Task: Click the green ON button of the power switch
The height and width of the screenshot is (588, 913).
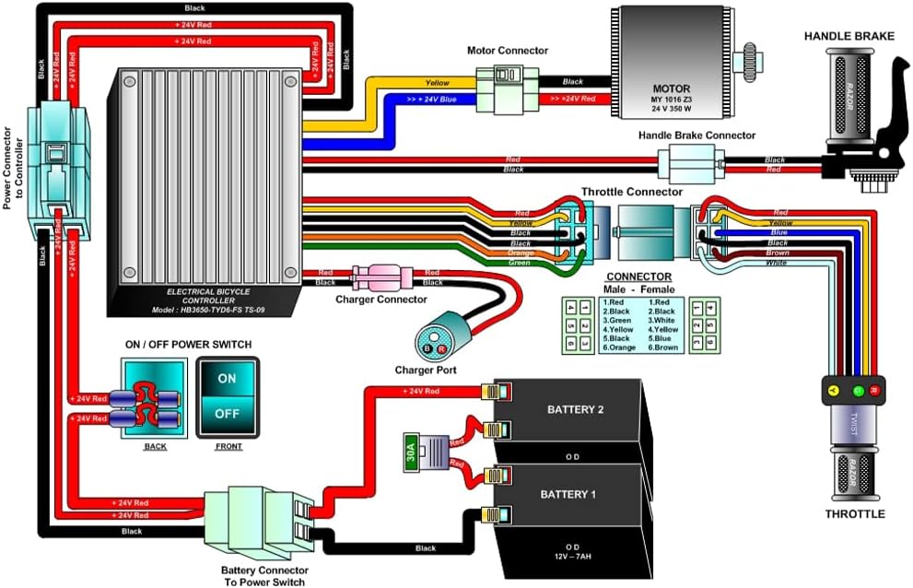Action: [x=227, y=378]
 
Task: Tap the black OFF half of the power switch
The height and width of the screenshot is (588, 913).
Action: [x=227, y=414]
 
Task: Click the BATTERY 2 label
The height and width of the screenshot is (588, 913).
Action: [x=576, y=409]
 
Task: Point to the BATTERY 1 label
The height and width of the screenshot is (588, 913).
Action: [x=568, y=495]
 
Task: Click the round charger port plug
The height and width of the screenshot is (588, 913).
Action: [x=432, y=342]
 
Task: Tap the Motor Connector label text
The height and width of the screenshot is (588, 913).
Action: [x=507, y=51]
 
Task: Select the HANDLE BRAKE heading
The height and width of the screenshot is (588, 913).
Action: [x=849, y=36]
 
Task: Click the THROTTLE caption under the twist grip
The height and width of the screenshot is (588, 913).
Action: [x=855, y=514]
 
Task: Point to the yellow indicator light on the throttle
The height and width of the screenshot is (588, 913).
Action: [x=834, y=391]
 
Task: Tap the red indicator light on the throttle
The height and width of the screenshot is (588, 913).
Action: [x=875, y=391]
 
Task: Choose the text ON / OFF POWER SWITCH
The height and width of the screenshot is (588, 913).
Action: [x=188, y=345]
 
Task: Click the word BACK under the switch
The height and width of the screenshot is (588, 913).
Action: [x=156, y=446]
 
